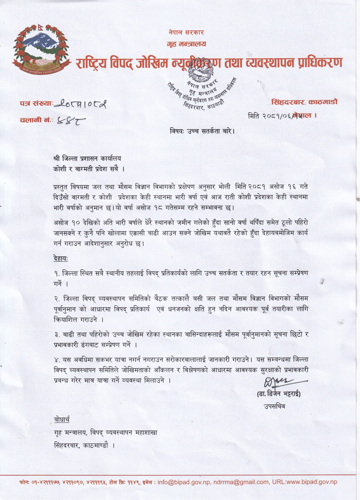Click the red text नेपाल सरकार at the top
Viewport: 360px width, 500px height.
pyautogui.click(x=186, y=33)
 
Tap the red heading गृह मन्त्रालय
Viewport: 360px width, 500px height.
pyautogui.click(x=187, y=44)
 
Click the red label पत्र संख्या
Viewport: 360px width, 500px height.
pyautogui.click(x=36, y=103)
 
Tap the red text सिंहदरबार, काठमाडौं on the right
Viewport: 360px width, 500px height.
pyautogui.click(x=304, y=102)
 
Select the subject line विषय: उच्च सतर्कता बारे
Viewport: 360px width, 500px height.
pyautogui.click(x=202, y=131)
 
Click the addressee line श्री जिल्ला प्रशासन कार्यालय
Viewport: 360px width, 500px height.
pyautogui.click(x=87, y=158)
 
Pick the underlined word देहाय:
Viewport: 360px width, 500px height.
pyautogui.click(x=61, y=259)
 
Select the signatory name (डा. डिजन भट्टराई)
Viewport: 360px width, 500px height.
pyautogui.click(x=279, y=394)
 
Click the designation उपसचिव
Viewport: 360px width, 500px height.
pyautogui.click(x=274, y=406)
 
